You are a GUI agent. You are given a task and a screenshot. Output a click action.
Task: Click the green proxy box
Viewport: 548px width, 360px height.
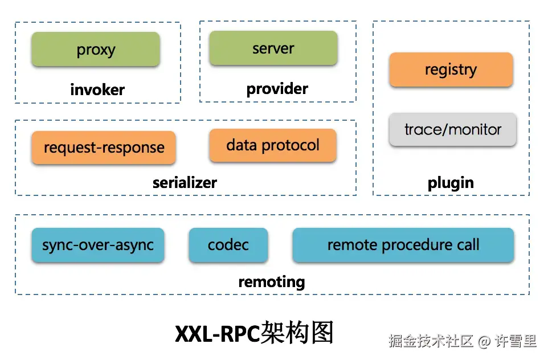[x=96, y=50]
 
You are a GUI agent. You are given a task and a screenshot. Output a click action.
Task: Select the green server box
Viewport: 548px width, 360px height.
[x=273, y=48]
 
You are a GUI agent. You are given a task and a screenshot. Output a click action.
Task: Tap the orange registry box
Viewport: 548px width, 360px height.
[x=451, y=69]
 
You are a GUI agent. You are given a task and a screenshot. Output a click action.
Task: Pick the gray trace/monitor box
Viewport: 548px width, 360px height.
[x=453, y=129]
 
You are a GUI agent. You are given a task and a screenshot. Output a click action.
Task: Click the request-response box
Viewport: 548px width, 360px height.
[x=104, y=147]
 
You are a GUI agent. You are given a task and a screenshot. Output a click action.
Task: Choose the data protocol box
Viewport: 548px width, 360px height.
[x=273, y=145]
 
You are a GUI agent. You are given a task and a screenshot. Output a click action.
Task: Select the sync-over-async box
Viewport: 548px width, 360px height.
[x=98, y=245]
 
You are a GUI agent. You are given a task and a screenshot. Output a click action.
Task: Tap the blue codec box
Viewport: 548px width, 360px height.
[x=228, y=245]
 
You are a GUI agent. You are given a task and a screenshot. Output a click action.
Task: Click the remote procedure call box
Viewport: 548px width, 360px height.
[x=403, y=245]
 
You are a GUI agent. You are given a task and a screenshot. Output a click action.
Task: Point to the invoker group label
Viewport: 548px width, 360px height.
[x=97, y=90]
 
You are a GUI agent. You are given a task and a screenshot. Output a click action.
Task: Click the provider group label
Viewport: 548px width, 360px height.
[x=277, y=89]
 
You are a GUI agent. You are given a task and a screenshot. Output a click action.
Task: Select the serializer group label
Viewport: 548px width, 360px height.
[x=185, y=183]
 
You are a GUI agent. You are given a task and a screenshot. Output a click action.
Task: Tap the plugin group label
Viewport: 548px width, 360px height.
[x=451, y=183]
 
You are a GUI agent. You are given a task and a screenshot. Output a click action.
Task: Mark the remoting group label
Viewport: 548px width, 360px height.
[x=272, y=282]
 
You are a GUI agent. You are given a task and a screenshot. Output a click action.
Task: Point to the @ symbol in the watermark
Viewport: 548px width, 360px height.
[x=484, y=341]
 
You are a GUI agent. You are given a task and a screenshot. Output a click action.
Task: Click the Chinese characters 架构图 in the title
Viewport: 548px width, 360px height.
[x=297, y=333]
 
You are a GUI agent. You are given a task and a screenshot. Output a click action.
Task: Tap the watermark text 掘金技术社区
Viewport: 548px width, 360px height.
[x=431, y=341]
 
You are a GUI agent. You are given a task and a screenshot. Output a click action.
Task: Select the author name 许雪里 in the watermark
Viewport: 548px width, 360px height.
[x=516, y=341]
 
